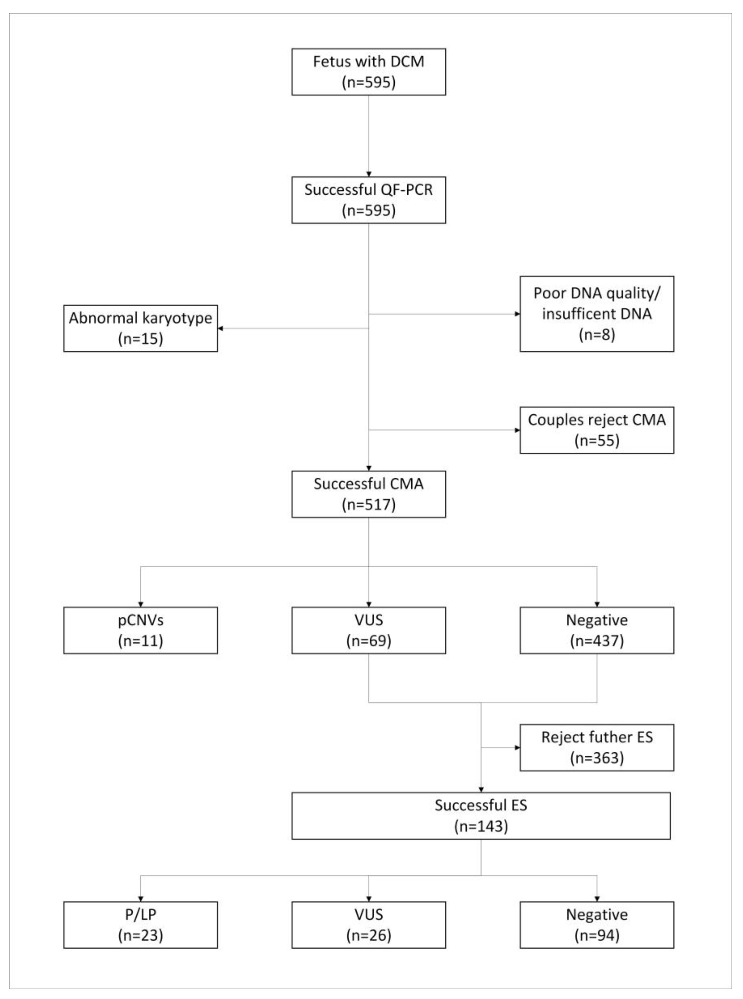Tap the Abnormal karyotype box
[140, 328]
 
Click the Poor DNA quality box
[596, 314]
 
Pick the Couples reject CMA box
[596, 430]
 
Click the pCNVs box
[140, 630]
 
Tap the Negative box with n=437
[596, 630]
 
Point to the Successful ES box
[481, 816]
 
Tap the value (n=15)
[140, 338]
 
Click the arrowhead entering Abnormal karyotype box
[220, 328]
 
